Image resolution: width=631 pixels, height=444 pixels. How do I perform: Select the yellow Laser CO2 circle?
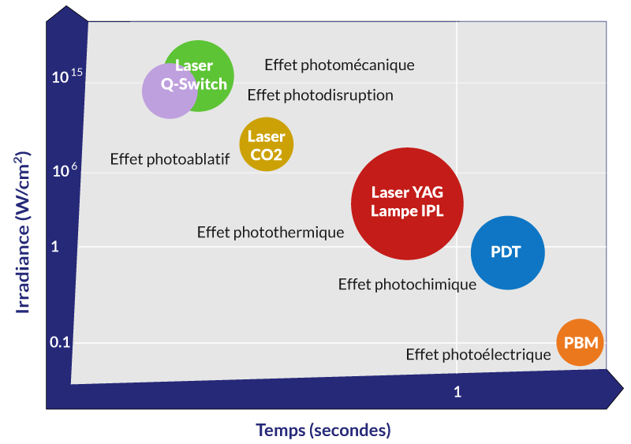click(x=267, y=144)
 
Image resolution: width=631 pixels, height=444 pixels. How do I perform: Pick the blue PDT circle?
click(x=507, y=252)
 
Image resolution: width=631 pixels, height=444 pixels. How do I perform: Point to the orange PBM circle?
click(x=581, y=343)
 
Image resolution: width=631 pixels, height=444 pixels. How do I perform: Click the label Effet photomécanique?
click(x=339, y=65)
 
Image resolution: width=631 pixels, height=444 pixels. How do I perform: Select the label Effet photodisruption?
click(x=320, y=95)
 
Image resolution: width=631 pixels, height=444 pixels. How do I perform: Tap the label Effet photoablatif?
click(x=170, y=159)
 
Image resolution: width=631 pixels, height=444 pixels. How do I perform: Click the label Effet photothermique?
click(x=271, y=233)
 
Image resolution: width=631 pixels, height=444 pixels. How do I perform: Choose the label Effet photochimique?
click(x=407, y=285)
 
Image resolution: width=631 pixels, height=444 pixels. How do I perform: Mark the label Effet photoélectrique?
click(x=478, y=355)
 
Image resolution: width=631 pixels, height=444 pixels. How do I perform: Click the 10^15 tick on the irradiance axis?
click(x=67, y=77)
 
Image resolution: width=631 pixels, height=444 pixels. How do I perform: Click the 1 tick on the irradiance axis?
click(x=55, y=247)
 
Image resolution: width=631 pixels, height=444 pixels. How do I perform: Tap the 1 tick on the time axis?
click(x=457, y=392)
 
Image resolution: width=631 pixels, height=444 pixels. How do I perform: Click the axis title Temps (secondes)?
click(x=323, y=431)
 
